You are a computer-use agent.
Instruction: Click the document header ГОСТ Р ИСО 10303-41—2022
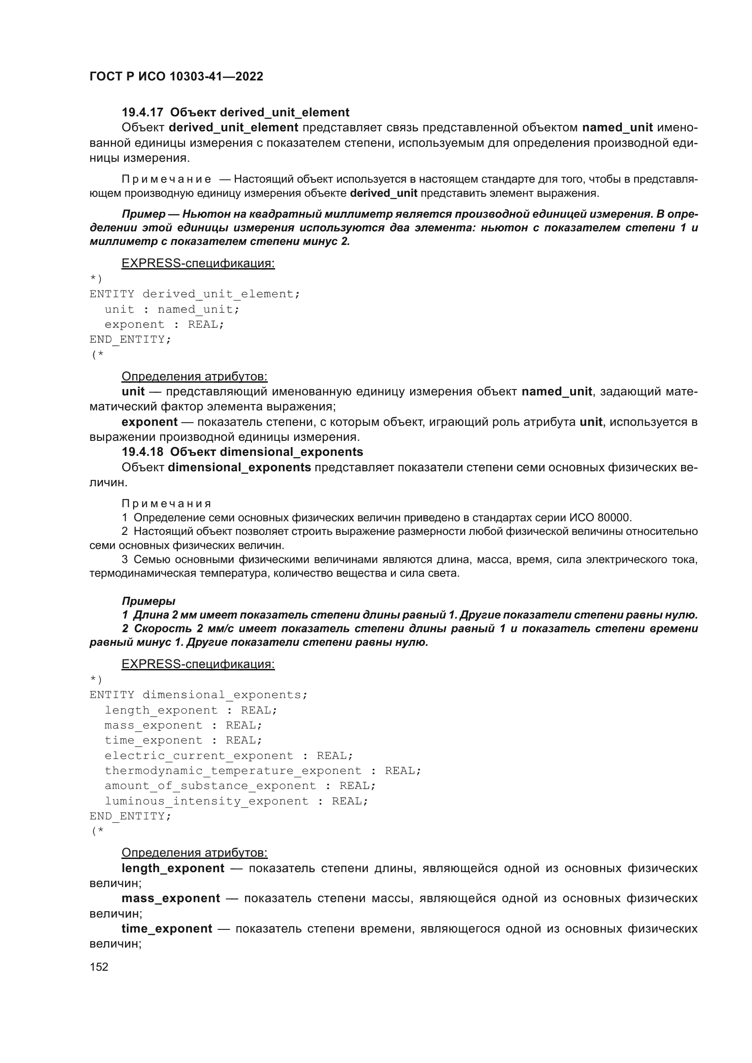click(176, 76)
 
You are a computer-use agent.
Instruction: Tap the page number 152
click(99, 967)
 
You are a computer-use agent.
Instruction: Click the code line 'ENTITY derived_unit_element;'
click(195, 294)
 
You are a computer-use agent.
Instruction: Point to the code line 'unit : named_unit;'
click(172, 309)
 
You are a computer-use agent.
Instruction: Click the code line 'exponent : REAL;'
click(165, 324)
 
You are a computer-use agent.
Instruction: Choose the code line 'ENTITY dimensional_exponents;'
click(198, 695)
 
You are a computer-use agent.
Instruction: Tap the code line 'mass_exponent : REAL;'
click(183, 725)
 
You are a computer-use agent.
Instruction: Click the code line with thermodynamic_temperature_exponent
click(262, 771)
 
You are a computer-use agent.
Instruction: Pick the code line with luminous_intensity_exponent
click(236, 801)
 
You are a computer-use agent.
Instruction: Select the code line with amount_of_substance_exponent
click(240, 786)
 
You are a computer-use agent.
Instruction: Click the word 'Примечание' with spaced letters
click(167, 180)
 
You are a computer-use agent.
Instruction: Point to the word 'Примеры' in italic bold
click(148, 601)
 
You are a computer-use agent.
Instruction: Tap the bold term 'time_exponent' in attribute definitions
click(167, 929)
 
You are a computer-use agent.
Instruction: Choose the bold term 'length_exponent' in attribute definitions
click(173, 868)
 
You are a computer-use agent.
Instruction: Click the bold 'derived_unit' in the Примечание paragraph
click(383, 194)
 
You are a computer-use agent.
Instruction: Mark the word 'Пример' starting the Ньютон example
click(144, 215)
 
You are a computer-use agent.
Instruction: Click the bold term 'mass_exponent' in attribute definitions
click(170, 898)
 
